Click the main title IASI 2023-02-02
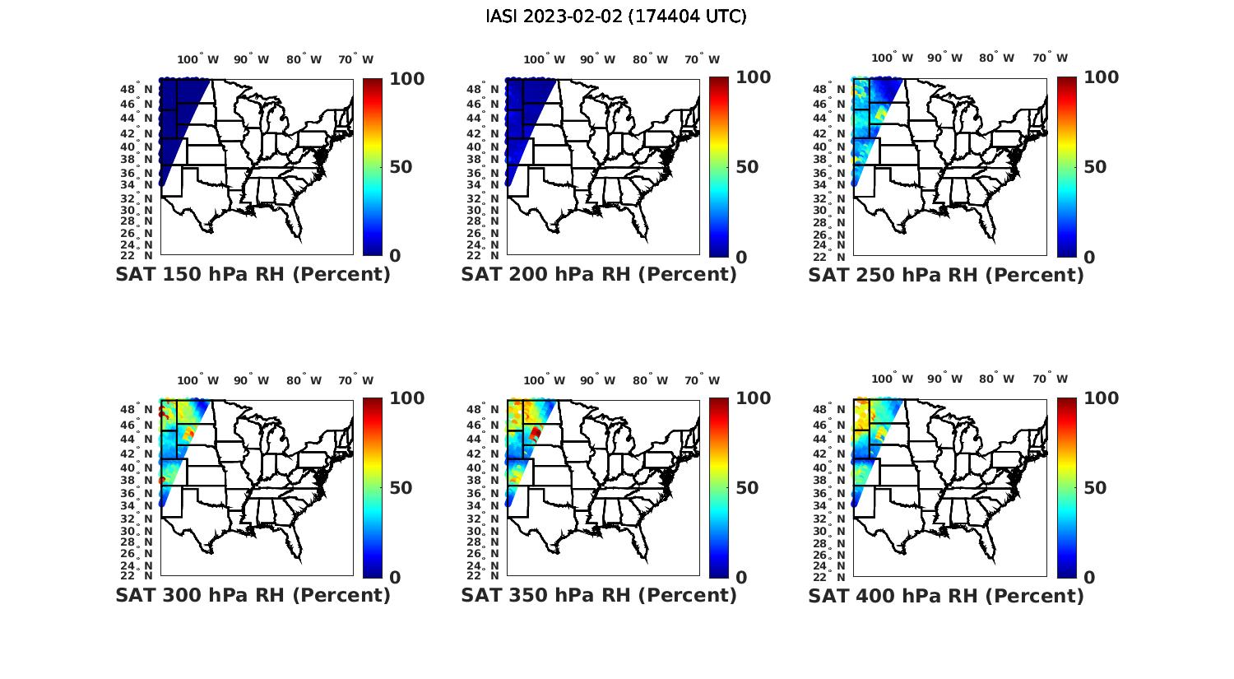point(616,16)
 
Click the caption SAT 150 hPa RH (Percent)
point(253,274)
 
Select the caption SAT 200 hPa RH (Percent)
point(599,274)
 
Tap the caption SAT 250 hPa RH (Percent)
point(946,275)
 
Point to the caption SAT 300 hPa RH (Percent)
point(253,595)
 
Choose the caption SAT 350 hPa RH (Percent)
point(599,595)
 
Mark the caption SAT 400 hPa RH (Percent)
point(946,595)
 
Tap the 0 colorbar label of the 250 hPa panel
point(1089,257)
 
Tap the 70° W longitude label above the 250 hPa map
point(1050,58)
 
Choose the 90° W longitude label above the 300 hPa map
point(251,380)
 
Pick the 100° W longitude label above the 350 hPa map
point(544,380)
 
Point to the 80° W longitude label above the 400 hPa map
point(996,379)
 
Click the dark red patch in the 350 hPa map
point(536,433)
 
